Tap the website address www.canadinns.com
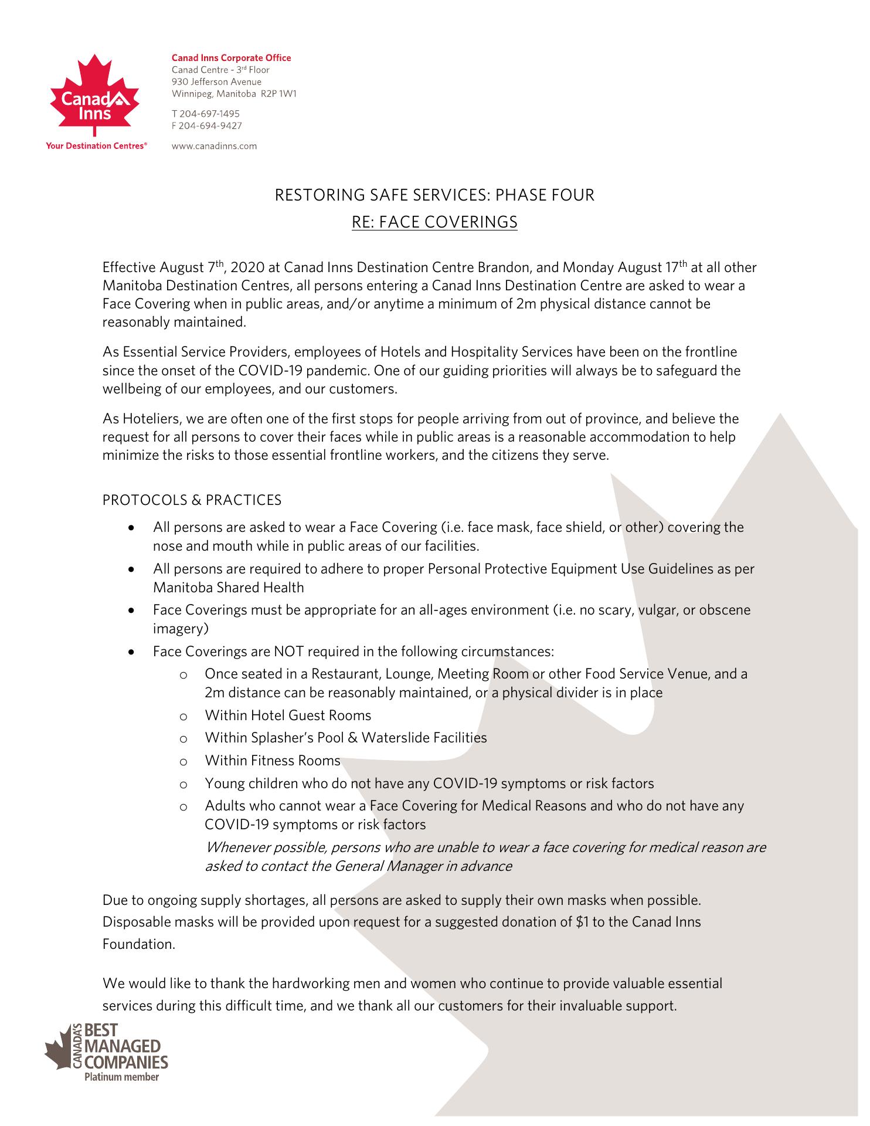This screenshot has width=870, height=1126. [x=214, y=146]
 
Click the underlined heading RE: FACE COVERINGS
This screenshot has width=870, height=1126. [x=434, y=222]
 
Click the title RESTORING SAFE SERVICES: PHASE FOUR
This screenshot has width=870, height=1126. [x=434, y=195]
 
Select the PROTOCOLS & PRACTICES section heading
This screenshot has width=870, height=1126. [x=192, y=500]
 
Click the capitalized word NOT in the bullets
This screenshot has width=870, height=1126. [x=288, y=652]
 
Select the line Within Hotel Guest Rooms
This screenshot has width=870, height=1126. [x=288, y=715]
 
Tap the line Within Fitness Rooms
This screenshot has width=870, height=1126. [x=273, y=761]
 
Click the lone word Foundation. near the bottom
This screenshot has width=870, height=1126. [x=139, y=944]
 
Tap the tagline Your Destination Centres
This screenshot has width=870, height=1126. [x=96, y=146]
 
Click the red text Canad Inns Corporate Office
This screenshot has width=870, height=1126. [x=231, y=57]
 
